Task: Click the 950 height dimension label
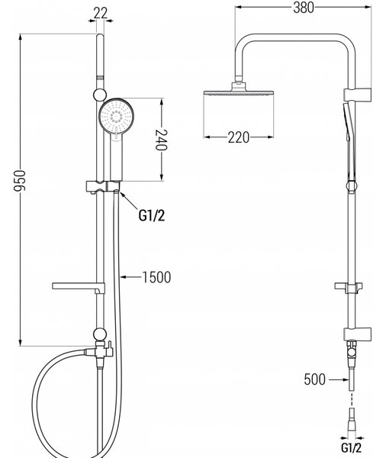click(x=20, y=181)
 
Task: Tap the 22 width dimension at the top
click(x=101, y=13)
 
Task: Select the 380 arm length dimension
click(x=304, y=8)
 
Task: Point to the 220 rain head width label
click(x=239, y=137)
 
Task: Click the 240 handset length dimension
click(x=161, y=140)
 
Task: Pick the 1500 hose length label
click(x=156, y=277)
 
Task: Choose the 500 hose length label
click(x=314, y=379)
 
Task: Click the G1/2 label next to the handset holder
click(x=152, y=215)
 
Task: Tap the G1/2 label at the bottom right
click(x=351, y=447)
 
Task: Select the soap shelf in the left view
click(x=79, y=288)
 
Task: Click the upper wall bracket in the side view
click(x=357, y=94)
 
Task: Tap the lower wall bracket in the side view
click(x=357, y=334)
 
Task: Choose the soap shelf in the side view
click(x=349, y=288)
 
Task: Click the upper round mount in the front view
click(x=100, y=95)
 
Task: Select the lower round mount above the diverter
click(x=100, y=334)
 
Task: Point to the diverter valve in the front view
click(x=99, y=351)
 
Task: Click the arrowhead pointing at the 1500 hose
click(x=124, y=276)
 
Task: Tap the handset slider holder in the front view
click(x=103, y=187)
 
